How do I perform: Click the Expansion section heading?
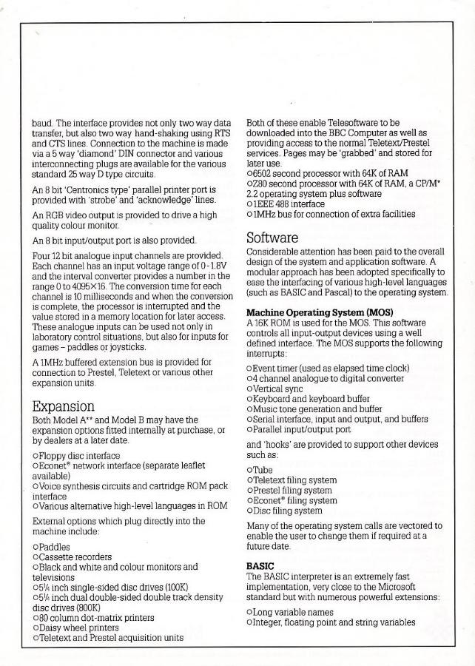tap(64, 406)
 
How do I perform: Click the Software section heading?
tap(272, 238)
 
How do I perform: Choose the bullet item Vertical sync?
tap(283, 388)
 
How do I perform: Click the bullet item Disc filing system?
tap(288, 510)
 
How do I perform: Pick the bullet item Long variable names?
tap(292, 612)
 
